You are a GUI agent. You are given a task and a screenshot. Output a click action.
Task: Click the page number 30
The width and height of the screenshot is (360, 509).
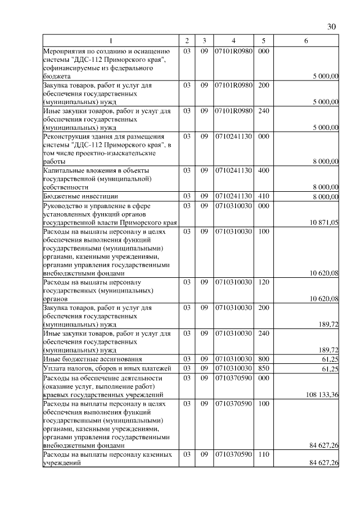pos(331,26)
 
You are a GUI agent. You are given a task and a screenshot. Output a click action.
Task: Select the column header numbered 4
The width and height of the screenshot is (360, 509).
pos(233,41)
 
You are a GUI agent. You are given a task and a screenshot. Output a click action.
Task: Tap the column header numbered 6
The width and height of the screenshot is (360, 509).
pos(305,41)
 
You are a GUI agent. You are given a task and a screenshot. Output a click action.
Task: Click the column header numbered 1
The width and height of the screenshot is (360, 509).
pos(110,41)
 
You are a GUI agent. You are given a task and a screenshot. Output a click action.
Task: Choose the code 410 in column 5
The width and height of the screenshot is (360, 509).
pos(264,196)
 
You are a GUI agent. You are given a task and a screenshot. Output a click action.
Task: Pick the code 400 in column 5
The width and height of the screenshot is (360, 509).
pos(264,169)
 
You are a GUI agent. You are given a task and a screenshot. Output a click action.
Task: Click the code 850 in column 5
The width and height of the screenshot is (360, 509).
pos(264,368)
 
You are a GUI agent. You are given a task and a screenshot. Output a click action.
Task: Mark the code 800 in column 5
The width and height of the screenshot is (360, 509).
pos(264,359)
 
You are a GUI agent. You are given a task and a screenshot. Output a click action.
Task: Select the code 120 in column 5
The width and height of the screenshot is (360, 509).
pos(264,282)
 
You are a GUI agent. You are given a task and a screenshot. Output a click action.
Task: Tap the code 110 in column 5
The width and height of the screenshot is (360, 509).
pos(264,454)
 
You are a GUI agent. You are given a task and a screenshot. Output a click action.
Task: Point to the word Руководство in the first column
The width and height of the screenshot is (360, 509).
pos(64,205)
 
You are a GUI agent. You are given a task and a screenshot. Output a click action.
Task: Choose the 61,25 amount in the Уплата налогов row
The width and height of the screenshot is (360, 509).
pos(328,368)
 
